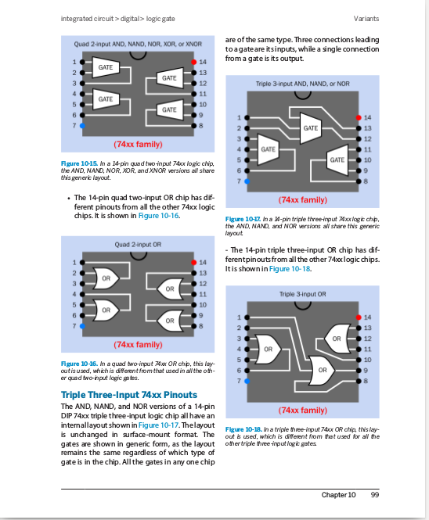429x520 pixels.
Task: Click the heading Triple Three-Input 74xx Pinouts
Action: pos(129,395)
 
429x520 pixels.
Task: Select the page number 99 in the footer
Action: pos(375,494)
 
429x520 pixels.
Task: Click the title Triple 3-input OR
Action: pos(302,294)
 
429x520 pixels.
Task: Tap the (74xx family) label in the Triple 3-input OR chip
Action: pos(302,410)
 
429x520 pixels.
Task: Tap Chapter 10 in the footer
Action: pos(338,494)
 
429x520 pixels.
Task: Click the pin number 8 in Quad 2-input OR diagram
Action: pos(201,325)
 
